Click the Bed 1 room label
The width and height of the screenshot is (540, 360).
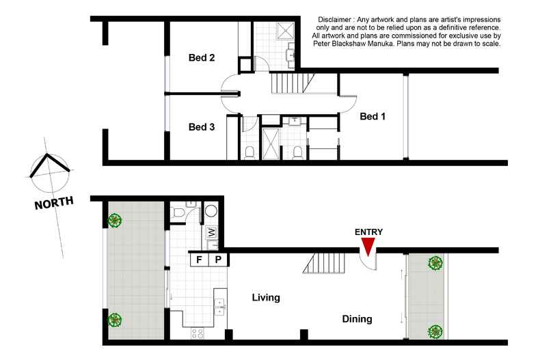point(373,116)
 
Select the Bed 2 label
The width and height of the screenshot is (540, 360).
point(202,58)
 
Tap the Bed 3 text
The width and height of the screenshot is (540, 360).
point(202,126)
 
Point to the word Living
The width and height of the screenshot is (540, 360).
point(267,298)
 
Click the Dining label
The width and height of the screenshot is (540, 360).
point(357,319)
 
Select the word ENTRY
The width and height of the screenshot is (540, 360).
point(368,232)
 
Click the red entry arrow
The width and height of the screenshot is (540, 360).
point(368,246)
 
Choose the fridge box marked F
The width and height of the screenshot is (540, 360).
point(200,260)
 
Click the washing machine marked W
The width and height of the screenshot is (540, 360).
point(212,232)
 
